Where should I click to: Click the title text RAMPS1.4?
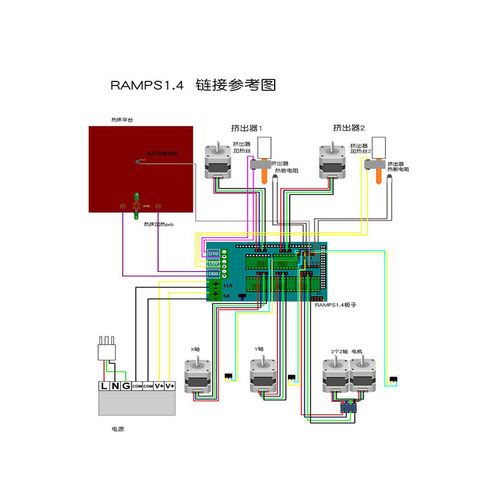(146, 85)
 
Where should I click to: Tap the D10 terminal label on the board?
(213, 254)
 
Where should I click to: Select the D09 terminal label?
(213, 263)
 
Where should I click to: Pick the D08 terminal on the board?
(213, 274)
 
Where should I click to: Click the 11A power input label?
(227, 284)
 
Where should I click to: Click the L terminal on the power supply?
(105, 386)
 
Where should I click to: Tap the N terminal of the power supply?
(115, 386)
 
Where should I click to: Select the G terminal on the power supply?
(125, 386)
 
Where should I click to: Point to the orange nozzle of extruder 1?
(264, 175)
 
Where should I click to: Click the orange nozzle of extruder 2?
(378, 175)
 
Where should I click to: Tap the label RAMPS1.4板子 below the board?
(336, 305)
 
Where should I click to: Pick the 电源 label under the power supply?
(118, 429)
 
